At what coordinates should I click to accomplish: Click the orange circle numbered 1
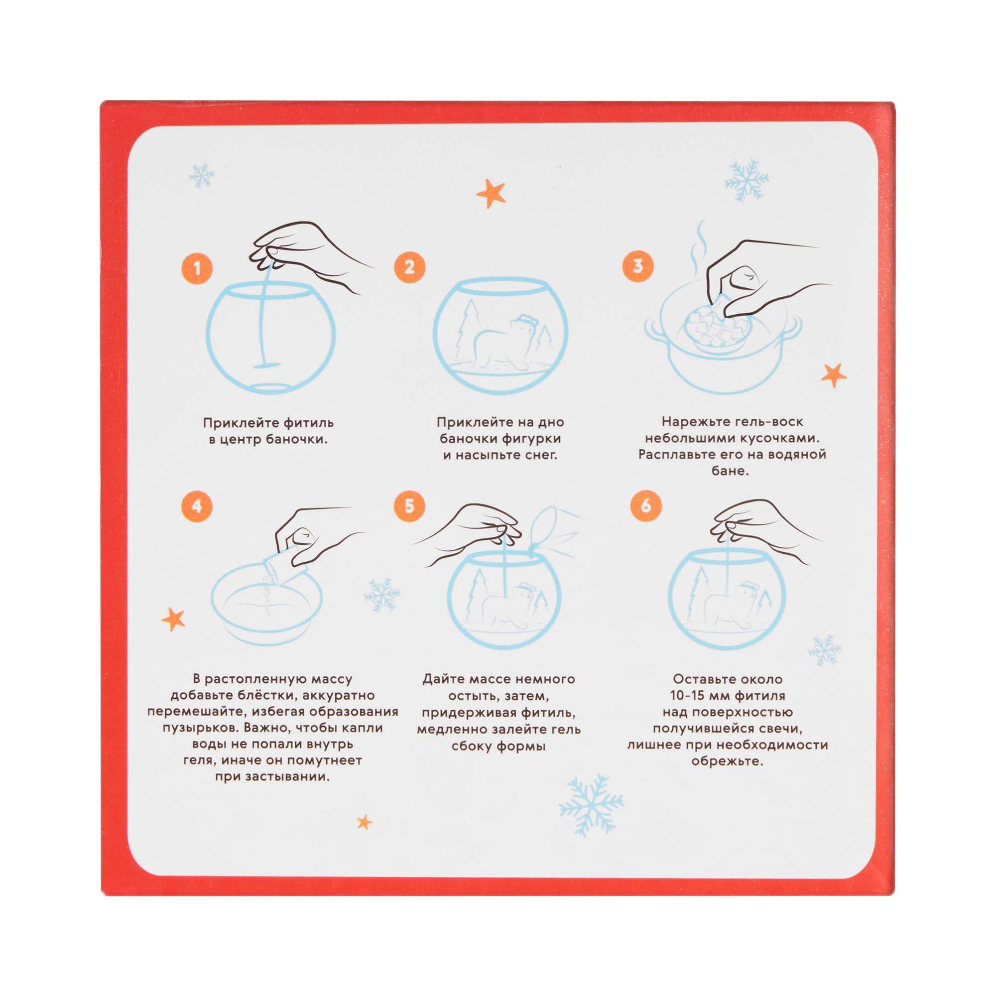(x=196, y=268)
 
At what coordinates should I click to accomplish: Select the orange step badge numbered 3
(x=638, y=266)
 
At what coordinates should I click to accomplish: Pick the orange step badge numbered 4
(x=196, y=506)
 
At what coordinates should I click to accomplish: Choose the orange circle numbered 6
(x=645, y=506)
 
